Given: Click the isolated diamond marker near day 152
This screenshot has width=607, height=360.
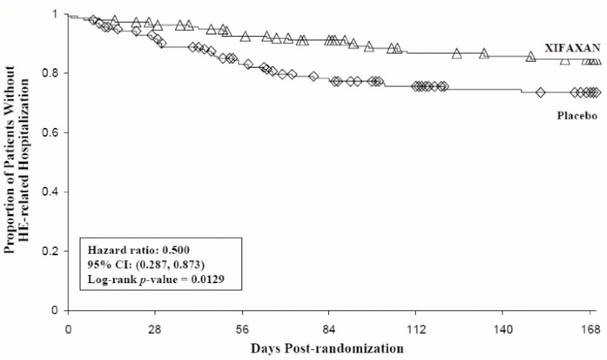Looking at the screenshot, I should pos(541,92).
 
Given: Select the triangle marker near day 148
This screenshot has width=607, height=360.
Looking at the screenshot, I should pos(530,56).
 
